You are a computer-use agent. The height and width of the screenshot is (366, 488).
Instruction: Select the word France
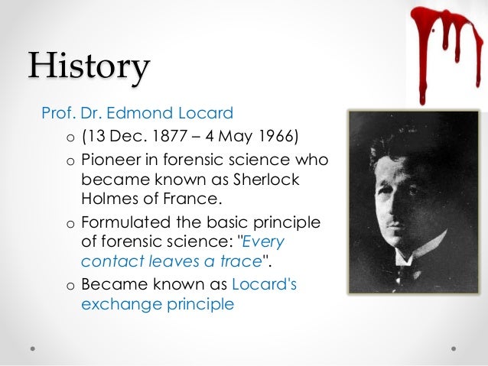(194, 200)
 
